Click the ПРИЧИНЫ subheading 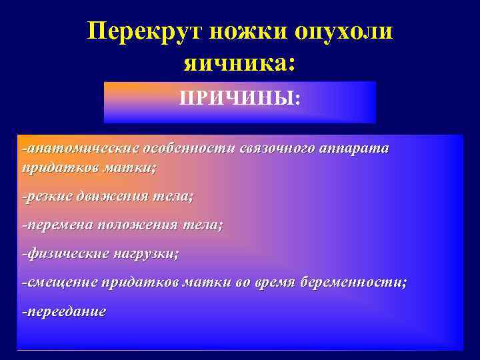(x=239, y=99)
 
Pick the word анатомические (x=77, y=148)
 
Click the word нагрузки (x=146, y=253)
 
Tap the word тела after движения (x=173, y=197)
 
